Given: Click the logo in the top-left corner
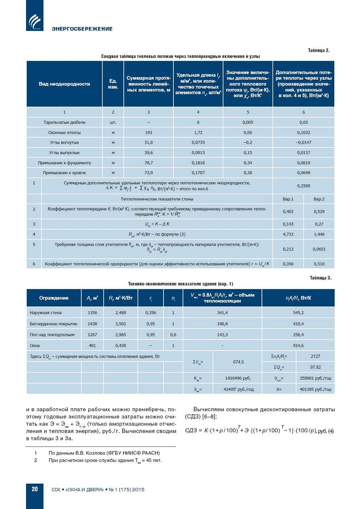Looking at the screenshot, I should pos(35,20).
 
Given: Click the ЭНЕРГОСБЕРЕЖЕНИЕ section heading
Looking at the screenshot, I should pos(82,29).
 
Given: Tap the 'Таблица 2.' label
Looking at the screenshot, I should pos(318,50).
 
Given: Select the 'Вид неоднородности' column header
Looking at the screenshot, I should pos(64,84).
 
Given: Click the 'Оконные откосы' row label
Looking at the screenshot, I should pos(64,132).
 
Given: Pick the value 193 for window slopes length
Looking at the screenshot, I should pos(148,132).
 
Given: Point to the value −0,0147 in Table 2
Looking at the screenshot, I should pos(303,142).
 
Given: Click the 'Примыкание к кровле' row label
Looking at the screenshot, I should pos(64,173).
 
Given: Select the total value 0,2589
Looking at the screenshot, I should pos(303,186).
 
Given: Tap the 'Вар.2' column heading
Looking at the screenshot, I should pos(319,199).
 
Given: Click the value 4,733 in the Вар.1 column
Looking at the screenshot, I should pos(288,234).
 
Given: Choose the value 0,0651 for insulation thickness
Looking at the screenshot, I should pos(319,249).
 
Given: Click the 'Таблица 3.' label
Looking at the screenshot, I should pos(320,278).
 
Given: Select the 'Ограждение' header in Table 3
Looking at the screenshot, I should pos(54,298).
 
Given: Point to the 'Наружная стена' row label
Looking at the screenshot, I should pos(46,313).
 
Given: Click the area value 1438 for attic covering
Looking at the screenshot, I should pos(92,324).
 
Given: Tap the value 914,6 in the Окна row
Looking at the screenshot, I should pos(298,345).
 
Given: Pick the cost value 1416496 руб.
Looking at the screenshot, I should pos(238,378).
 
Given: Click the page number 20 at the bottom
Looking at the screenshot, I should pos(35,489).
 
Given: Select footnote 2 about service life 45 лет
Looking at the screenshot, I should pos(105,460).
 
